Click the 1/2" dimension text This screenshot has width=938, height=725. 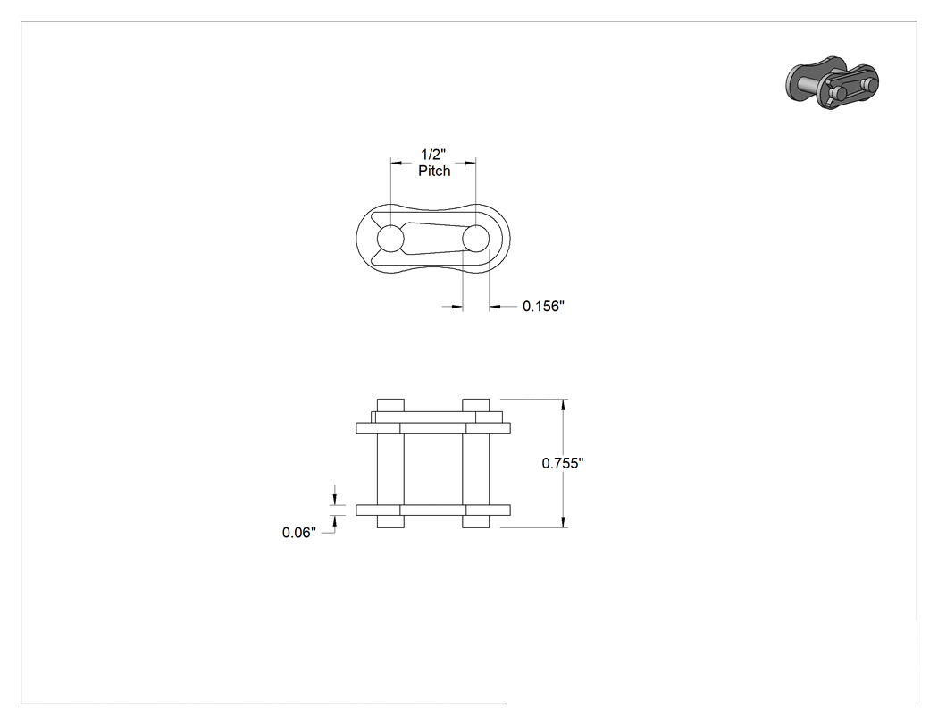pyautogui.click(x=433, y=155)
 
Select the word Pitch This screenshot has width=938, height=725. pyautogui.click(x=434, y=172)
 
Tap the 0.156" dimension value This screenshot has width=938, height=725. pyautogui.click(x=544, y=307)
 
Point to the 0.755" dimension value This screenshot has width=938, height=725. pyautogui.click(x=563, y=463)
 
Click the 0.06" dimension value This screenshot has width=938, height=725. pyautogui.click(x=299, y=533)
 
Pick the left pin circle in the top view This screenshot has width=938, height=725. pyautogui.click(x=390, y=239)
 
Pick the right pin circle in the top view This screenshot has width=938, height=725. pyautogui.click(x=475, y=239)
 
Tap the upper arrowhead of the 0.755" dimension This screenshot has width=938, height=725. pyautogui.click(x=563, y=405)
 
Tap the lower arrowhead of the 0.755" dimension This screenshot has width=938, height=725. pyautogui.click(x=563, y=522)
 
